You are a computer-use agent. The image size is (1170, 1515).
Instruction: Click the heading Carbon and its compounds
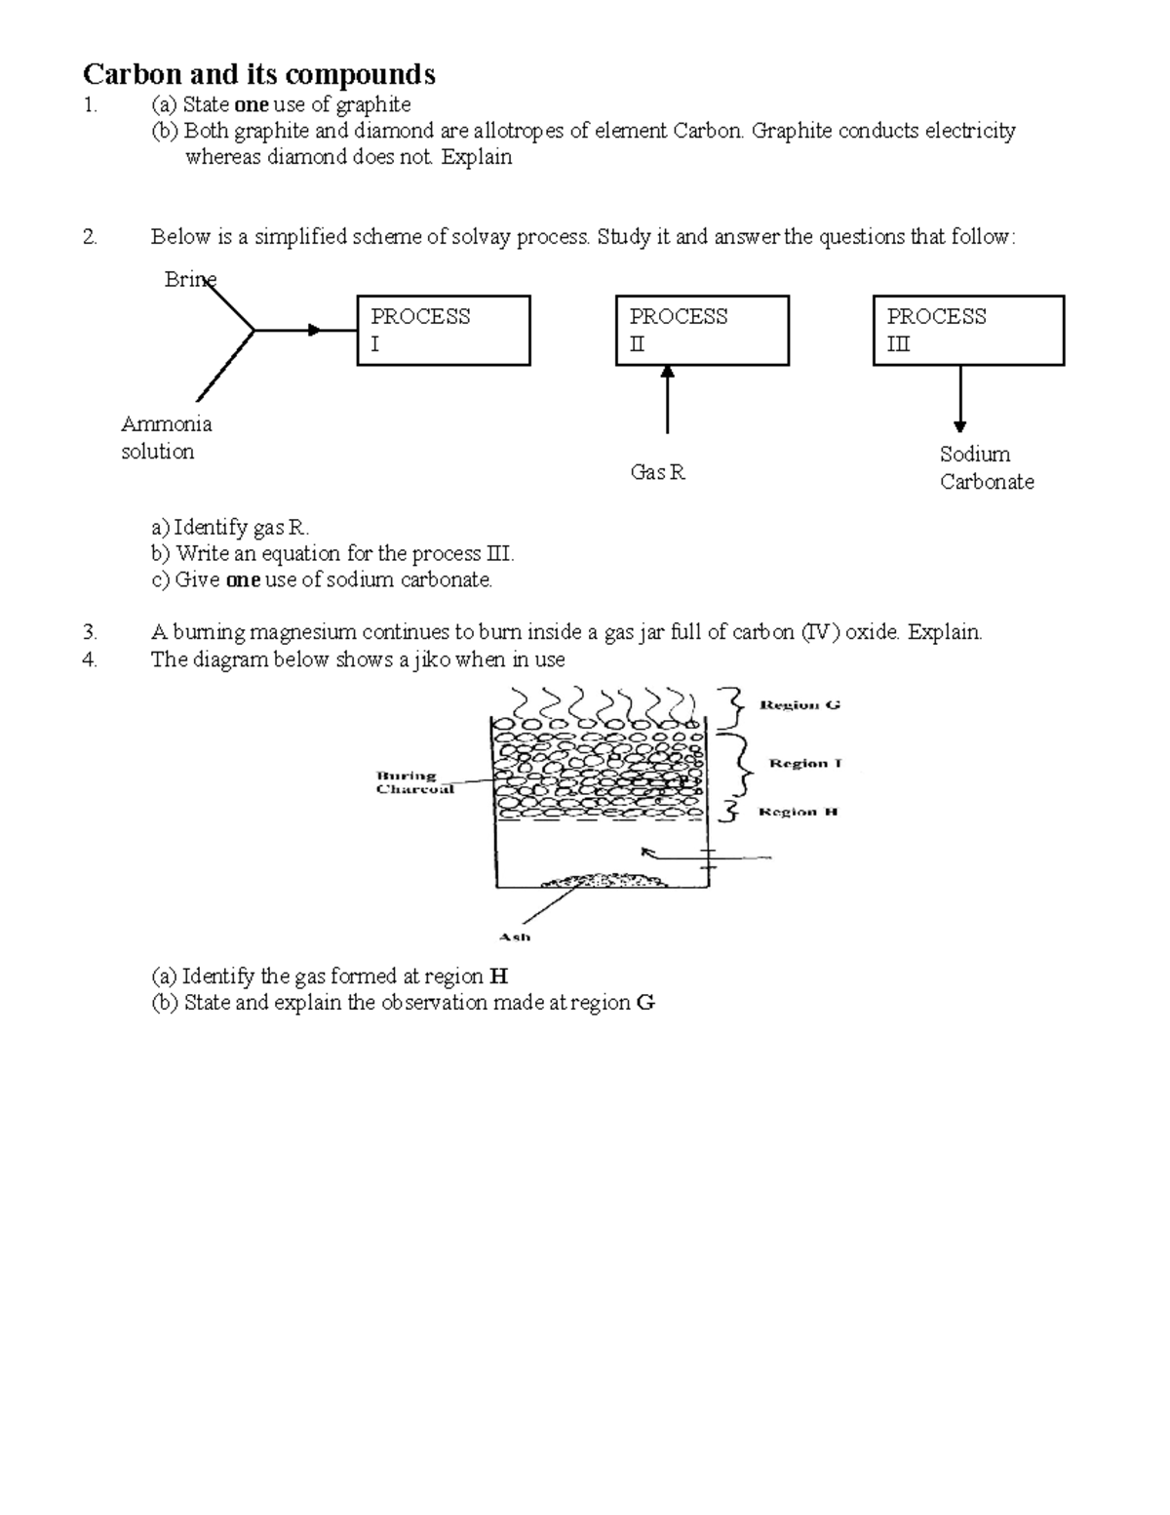259,74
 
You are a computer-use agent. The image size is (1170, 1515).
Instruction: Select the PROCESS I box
444,331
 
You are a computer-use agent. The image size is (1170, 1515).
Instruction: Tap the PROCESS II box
702,331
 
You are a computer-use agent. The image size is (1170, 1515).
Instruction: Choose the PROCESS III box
967,331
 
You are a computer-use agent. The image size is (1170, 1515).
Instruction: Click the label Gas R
658,473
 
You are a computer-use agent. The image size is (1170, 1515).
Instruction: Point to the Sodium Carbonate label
986,468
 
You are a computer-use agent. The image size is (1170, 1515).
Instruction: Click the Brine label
189,280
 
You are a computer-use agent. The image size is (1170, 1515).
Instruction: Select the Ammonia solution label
166,438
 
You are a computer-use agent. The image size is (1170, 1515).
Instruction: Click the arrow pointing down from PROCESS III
960,400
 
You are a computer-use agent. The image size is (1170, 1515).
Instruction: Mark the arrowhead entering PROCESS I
314,330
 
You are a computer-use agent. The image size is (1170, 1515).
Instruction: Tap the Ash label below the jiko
515,937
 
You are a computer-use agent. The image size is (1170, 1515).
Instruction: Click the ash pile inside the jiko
605,881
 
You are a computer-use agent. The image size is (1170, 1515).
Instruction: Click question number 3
90,632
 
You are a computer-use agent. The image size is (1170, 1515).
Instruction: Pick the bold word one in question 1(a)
251,104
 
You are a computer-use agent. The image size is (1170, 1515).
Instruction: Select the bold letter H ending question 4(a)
499,977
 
